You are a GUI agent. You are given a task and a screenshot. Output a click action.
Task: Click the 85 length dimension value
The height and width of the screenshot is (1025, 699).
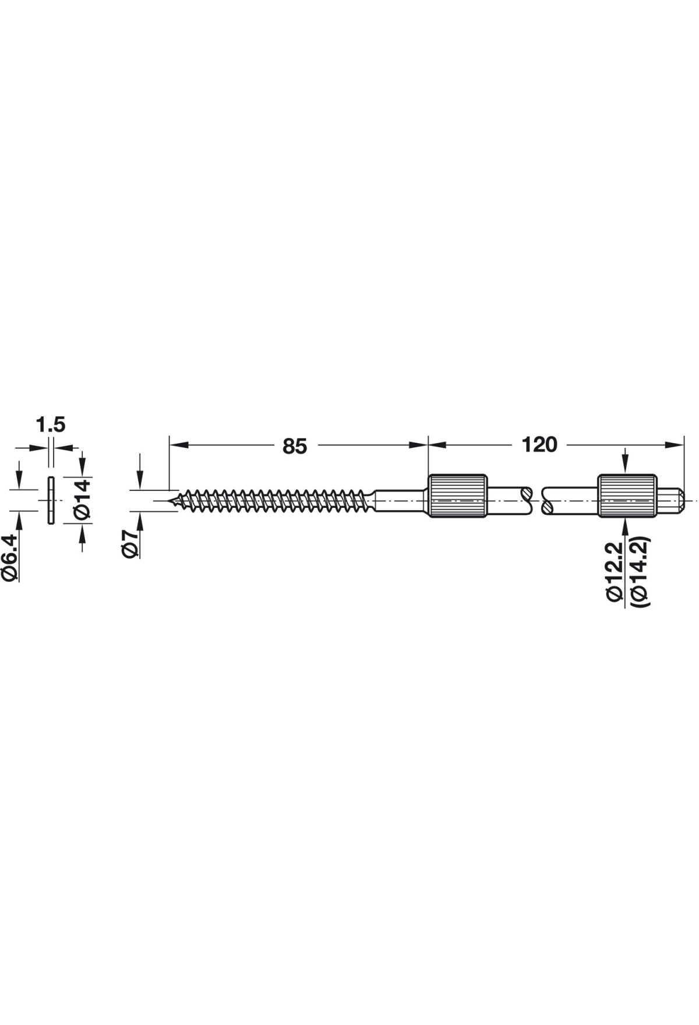(x=294, y=446)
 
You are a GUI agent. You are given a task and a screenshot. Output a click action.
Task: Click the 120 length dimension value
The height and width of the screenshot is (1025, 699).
(x=539, y=445)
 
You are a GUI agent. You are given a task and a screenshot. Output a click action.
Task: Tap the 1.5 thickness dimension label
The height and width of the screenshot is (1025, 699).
(x=51, y=425)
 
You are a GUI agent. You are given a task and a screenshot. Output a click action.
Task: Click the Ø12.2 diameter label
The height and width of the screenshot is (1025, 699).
(x=615, y=568)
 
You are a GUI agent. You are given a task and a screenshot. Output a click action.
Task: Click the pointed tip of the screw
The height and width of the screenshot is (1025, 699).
(x=168, y=501)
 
